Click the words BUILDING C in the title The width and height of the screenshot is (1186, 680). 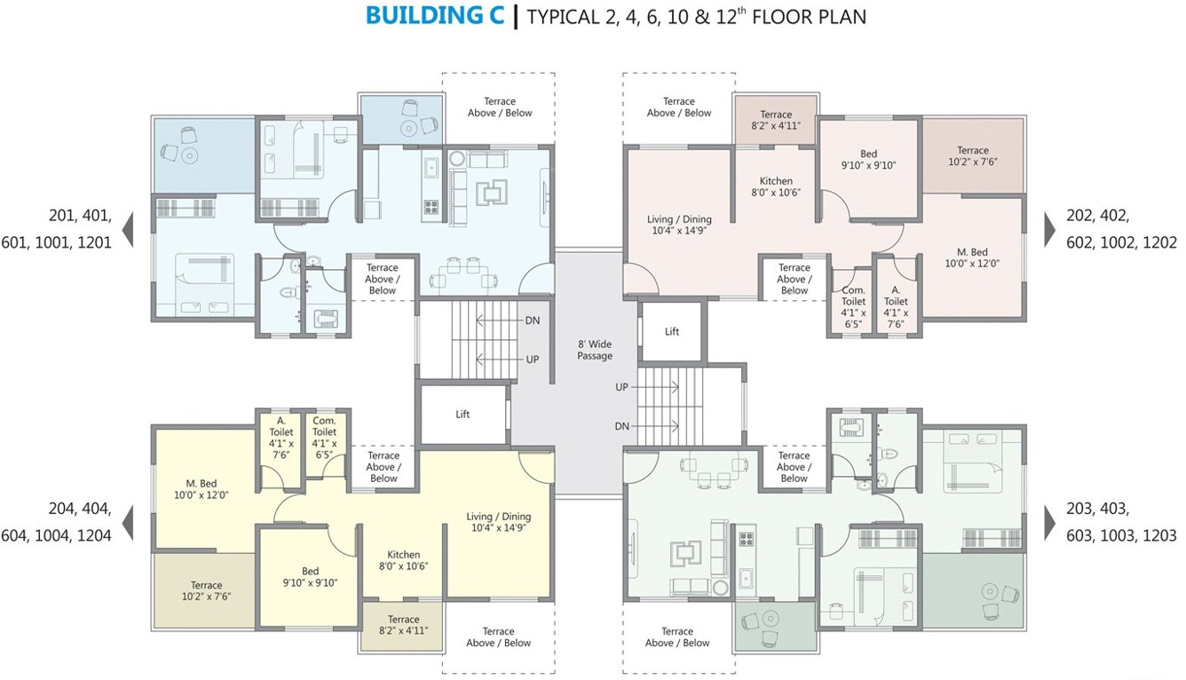[x=435, y=16]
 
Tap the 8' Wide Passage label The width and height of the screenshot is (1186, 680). [x=595, y=350]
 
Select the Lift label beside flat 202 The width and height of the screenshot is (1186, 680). [x=672, y=332]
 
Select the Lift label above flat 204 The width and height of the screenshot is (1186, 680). [x=463, y=415]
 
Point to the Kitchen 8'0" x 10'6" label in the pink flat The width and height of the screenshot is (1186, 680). [x=776, y=186]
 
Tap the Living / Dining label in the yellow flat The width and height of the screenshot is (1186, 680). [x=499, y=522]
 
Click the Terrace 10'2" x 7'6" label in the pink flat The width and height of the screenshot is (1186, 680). [x=972, y=156]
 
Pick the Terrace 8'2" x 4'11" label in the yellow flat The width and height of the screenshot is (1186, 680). [x=403, y=625]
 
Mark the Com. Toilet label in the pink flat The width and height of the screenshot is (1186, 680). [x=853, y=307]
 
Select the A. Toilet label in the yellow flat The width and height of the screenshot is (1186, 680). [x=281, y=438]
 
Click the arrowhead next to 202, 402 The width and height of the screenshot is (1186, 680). [x=1049, y=229]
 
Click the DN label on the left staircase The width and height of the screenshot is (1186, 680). [x=533, y=320]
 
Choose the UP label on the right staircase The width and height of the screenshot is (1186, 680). [x=622, y=388]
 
